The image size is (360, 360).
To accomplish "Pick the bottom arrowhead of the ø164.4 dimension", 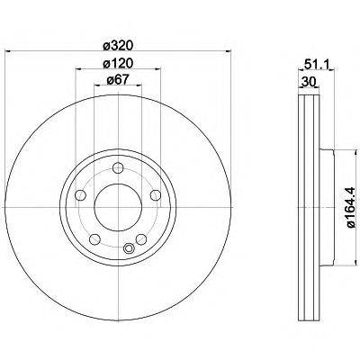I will click(337, 267).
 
